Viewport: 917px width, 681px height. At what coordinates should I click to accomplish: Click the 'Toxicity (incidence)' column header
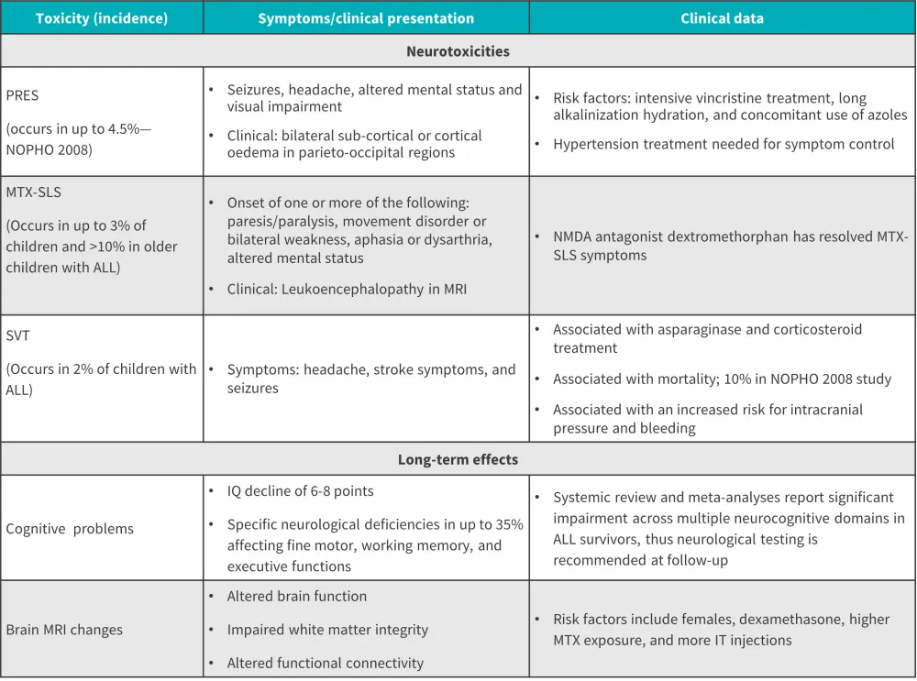tap(101, 18)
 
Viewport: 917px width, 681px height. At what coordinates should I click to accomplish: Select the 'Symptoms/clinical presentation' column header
tap(366, 18)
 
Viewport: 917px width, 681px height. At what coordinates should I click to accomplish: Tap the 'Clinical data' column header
tap(722, 18)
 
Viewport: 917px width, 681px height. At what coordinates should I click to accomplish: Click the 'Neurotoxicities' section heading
tap(458, 51)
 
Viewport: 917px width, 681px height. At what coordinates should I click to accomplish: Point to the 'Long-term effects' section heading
tap(458, 459)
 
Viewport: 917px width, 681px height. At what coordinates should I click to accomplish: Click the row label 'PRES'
tap(22, 94)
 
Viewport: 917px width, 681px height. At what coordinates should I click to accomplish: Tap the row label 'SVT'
tap(17, 335)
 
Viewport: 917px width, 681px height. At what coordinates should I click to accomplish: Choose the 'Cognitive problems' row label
tap(70, 529)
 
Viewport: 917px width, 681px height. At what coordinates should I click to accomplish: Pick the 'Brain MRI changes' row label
tap(64, 630)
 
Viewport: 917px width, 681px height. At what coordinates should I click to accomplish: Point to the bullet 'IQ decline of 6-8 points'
tap(300, 491)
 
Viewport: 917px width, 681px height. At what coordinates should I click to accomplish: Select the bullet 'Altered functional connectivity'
tap(326, 663)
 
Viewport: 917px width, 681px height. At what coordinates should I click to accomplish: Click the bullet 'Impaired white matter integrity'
tap(327, 630)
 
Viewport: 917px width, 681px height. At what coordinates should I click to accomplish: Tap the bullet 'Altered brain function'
tap(297, 596)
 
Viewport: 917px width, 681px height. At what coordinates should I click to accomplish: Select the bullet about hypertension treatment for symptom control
tap(724, 143)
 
